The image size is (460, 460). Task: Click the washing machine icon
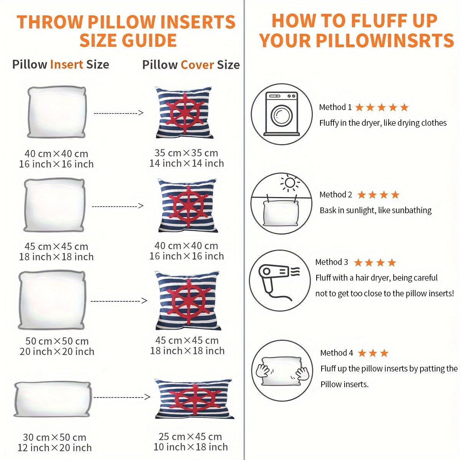coord(282,114)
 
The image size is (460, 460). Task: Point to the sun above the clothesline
coord(290,183)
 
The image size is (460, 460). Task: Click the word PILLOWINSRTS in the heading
coord(385,40)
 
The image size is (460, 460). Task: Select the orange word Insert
coord(67,64)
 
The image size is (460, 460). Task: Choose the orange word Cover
coord(197,65)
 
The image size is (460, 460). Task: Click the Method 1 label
coord(335,107)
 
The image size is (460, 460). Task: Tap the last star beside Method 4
coord(384,353)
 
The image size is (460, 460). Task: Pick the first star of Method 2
coord(361,195)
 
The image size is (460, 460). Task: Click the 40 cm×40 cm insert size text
coord(56,153)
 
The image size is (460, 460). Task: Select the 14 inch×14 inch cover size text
coord(187,163)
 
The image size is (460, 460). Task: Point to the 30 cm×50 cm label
coord(54,437)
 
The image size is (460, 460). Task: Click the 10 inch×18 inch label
coord(191,447)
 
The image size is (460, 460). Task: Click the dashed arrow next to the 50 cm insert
coord(118,301)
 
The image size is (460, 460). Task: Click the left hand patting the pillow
coord(263,370)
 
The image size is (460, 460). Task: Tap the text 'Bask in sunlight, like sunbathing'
coord(376,210)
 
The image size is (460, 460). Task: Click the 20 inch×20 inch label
coord(57,352)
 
